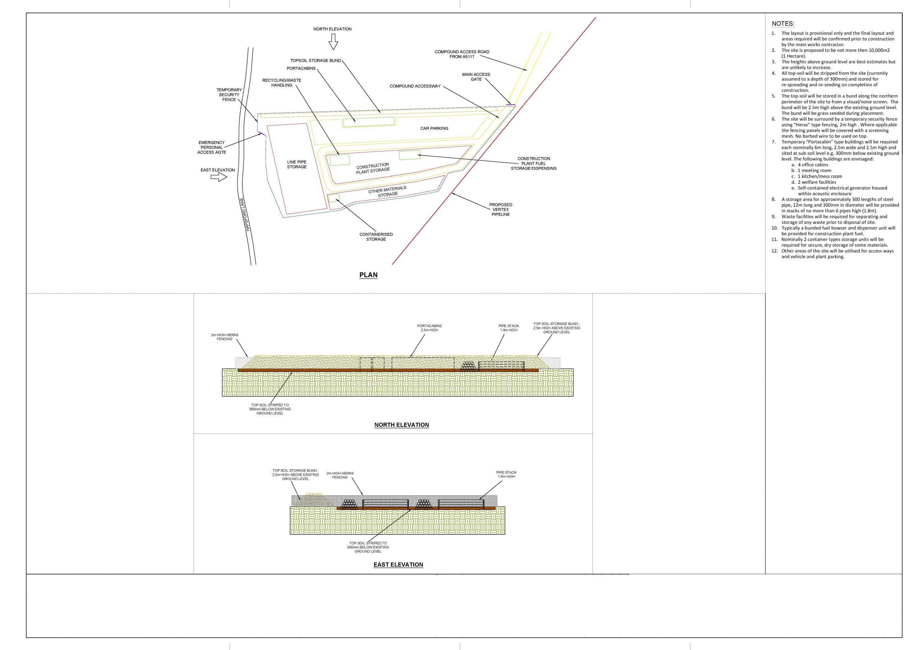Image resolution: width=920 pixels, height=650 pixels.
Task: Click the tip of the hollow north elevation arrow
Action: [333, 50]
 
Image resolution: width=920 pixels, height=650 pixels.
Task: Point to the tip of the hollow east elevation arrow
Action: [227, 178]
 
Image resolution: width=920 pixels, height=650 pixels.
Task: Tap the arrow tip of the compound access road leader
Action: [527, 71]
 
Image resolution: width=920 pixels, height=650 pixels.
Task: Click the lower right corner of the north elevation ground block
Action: [574, 396]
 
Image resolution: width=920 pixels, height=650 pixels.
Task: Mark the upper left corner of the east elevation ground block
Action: [290, 507]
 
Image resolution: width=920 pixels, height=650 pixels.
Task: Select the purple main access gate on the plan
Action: [510, 104]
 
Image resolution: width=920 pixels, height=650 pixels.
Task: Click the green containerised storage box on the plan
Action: [334, 198]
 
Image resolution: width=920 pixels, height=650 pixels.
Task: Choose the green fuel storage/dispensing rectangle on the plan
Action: [410, 155]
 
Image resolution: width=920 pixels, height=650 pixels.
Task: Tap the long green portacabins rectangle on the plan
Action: [369, 122]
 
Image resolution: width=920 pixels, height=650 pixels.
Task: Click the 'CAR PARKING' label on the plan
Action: [434, 128]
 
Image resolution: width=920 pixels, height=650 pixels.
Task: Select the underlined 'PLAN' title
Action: [368, 275]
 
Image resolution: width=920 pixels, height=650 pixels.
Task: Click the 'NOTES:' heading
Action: [783, 24]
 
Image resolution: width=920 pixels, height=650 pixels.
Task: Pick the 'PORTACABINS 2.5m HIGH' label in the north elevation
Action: [429, 328]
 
